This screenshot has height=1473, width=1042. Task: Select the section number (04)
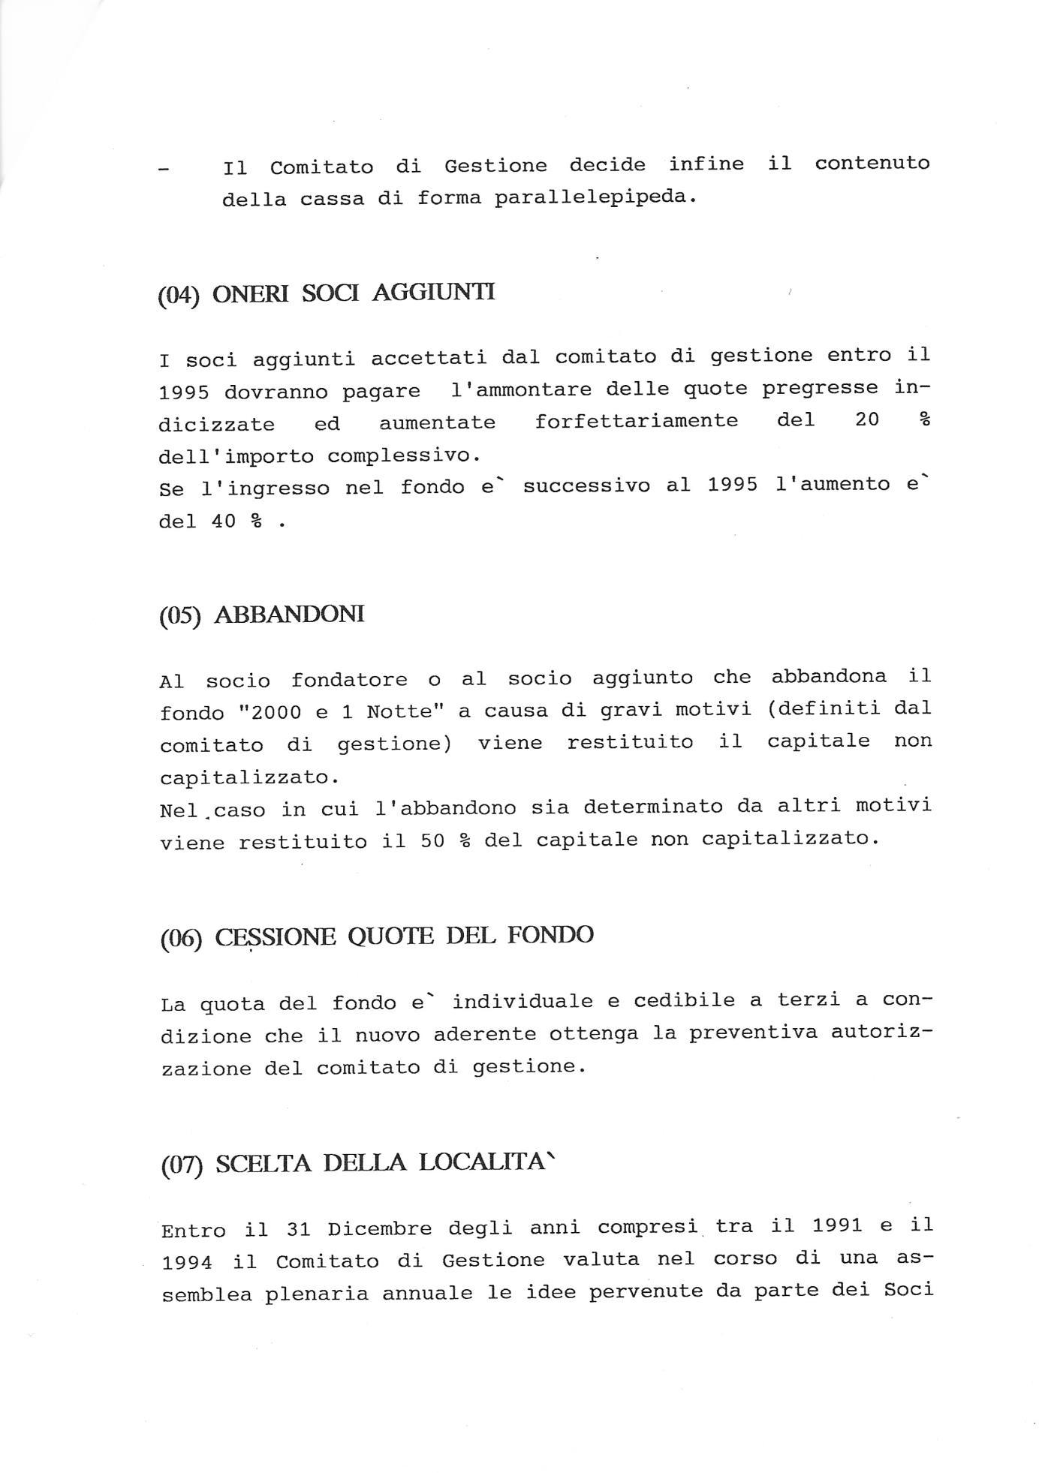pyautogui.click(x=179, y=294)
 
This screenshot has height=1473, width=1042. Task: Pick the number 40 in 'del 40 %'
pyautogui.click(x=224, y=520)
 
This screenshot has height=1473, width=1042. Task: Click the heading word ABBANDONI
pyautogui.click(x=289, y=615)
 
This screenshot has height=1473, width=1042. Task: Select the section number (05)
pyautogui.click(x=180, y=616)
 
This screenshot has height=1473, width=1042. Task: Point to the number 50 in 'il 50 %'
pyautogui.click(x=433, y=841)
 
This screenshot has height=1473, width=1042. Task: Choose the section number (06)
pyautogui.click(x=181, y=939)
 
